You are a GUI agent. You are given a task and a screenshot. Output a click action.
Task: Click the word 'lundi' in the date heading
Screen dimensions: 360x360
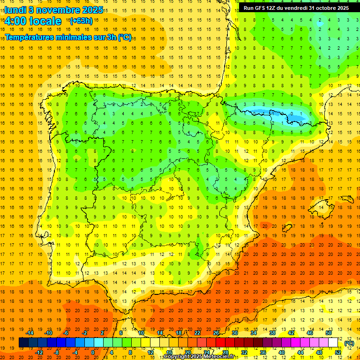click(15, 10)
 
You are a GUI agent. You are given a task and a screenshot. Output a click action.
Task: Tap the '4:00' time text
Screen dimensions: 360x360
click(15, 21)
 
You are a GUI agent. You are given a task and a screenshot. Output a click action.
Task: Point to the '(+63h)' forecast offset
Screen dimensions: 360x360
click(81, 21)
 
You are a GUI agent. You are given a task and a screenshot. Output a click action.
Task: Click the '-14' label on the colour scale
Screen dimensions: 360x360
click(30, 333)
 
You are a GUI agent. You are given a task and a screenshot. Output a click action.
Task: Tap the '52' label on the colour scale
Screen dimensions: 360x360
click(337, 352)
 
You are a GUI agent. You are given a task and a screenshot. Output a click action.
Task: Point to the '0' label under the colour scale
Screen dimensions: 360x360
click(93, 352)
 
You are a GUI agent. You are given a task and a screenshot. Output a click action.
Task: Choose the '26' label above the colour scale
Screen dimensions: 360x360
click(216, 333)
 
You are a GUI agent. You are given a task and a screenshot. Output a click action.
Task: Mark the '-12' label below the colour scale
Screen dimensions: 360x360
click(39, 352)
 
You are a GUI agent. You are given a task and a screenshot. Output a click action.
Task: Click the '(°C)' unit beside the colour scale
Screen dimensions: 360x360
click(349, 343)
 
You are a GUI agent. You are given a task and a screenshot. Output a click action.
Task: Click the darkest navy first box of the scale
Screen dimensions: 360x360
click(23, 343)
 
